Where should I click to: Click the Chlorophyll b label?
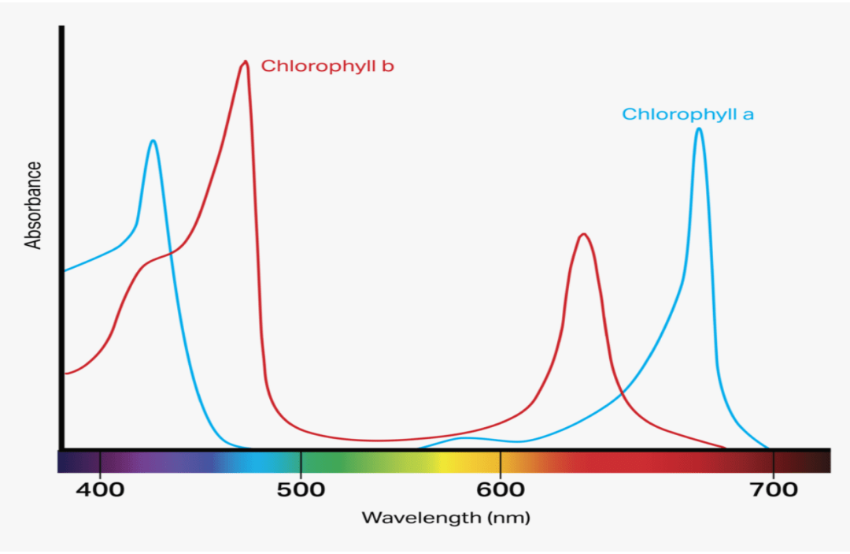[x=327, y=66]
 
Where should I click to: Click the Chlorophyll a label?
[x=688, y=114]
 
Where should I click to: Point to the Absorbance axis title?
[x=34, y=205]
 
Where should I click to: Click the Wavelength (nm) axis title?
[x=445, y=518]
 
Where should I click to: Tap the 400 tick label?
[x=101, y=489]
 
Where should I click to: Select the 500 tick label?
[x=301, y=489]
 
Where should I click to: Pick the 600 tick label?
[x=501, y=489]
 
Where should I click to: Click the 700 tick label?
[x=774, y=489]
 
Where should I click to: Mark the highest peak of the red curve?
[x=246, y=62]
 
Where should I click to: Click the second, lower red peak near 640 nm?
[x=583, y=234]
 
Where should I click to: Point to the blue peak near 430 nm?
[x=153, y=141]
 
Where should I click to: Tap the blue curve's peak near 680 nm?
[x=699, y=128]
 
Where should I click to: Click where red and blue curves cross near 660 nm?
[x=623, y=392]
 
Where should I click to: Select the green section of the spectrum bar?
[x=346, y=462]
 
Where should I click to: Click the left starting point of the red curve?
[x=65, y=373]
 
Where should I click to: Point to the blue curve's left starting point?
[x=65, y=270]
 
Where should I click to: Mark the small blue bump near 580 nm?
[x=466, y=437]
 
